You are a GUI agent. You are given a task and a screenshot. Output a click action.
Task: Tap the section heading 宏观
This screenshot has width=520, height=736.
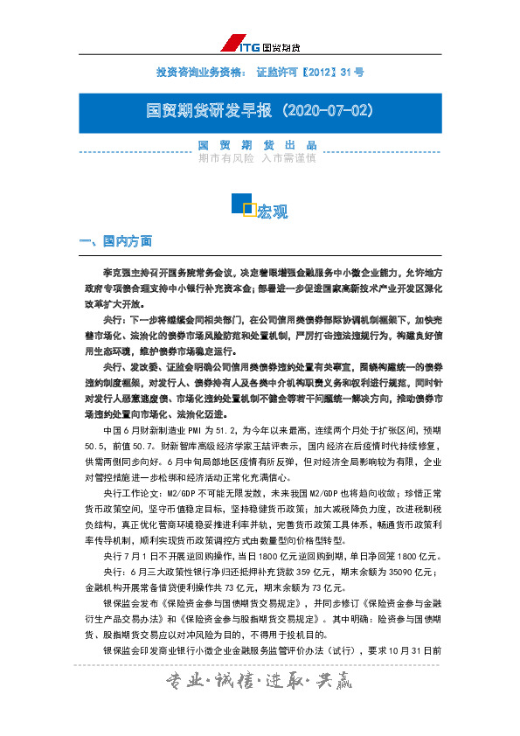272,212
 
